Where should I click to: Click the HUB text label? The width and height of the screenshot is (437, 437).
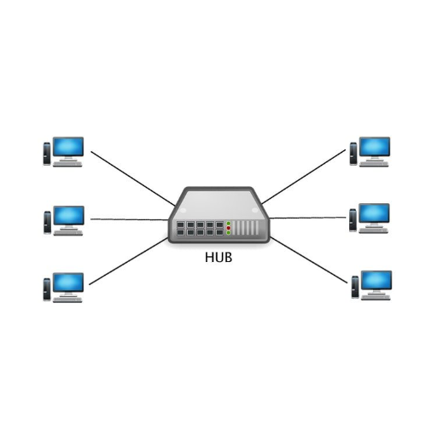coord(218,257)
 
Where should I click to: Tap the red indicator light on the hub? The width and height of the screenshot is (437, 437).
coord(229,228)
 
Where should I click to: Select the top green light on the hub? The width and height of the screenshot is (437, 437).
coord(229,224)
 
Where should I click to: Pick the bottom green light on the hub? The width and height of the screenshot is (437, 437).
coord(229,232)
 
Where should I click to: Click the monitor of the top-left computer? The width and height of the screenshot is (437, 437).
coord(68,148)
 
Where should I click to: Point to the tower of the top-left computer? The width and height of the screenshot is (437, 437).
coord(47,154)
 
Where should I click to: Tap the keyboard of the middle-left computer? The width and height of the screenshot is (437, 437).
coord(68,233)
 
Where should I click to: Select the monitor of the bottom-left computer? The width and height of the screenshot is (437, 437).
coord(68,283)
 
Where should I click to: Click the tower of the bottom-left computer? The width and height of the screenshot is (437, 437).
coord(47,289)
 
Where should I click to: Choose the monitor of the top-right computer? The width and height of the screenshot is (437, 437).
coord(375,148)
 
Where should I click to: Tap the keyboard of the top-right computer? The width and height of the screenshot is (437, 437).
coord(374,164)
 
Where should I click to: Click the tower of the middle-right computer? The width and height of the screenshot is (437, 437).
coord(353,220)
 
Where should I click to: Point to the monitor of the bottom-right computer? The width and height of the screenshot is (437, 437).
coord(376,282)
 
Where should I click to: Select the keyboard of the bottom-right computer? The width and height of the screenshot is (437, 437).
coord(376,298)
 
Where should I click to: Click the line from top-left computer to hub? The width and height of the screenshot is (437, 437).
coord(133,178)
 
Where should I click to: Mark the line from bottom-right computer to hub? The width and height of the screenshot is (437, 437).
coord(309,260)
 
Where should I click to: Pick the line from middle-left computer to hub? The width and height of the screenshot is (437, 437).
coord(130,219)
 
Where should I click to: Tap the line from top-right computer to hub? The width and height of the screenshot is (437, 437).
coord(304,177)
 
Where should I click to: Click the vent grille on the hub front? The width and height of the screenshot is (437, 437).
coord(245,228)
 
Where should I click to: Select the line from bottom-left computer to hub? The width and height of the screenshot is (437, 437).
coord(128,261)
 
